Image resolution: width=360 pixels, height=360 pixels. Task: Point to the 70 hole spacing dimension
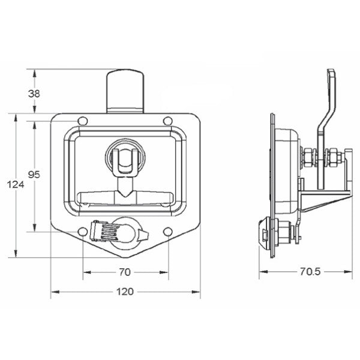(x=124, y=272)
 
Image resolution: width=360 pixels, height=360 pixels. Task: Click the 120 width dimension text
(x=124, y=292)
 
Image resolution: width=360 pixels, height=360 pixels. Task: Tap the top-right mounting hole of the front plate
(x=166, y=123)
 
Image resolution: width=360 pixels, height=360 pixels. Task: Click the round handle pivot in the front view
(x=124, y=158)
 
